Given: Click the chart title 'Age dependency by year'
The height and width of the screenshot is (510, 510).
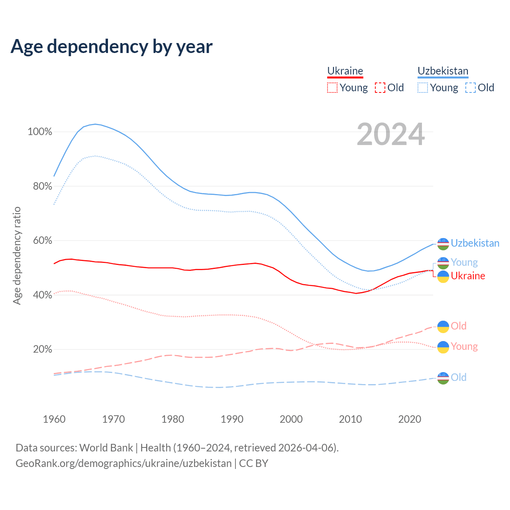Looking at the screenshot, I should pyautogui.click(x=112, y=47).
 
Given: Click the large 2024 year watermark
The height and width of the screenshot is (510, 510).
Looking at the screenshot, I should pyautogui.click(x=390, y=134).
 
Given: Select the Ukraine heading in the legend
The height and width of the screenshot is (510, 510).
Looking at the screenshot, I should pyautogui.click(x=345, y=71).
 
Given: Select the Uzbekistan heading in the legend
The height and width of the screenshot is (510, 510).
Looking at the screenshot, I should pyautogui.click(x=443, y=71).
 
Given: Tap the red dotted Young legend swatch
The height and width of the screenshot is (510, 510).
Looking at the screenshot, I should pyautogui.click(x=332, y=88).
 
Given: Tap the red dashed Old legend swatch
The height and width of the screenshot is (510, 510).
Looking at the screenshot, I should pyautogui.click(x=380, y=88).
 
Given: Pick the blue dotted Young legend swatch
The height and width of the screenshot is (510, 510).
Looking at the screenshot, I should pyautogui.click(x=423, y=88).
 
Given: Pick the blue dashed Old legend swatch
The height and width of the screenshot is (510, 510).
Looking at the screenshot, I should pyautogui.click(x=471, y=88).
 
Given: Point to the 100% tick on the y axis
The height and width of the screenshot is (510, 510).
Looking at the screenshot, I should pyautogui.click(x=40, y=132).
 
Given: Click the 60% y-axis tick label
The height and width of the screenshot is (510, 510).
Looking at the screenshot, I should pyautogui.click(x=42, y=241).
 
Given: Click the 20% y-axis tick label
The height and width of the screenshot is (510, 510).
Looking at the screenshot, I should pyautogui.click(x=42, y=349).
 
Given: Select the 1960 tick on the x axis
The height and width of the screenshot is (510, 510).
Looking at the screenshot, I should pyautogui.click(x=54, y=419).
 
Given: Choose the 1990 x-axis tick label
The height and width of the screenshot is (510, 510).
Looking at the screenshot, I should pyautogui.click(x=232, y=419).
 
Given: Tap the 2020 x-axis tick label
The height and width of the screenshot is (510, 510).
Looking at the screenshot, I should pyautogui.click(x=410, y=419).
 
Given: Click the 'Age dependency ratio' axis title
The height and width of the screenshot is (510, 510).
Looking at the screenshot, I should pyautogui.click(x=17, y=255).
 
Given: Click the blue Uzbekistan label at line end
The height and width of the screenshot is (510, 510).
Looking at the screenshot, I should pyautogui.click(x=475, y=243).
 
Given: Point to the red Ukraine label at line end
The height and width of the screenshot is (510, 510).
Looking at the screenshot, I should pyautogui.click(x=468, y=276).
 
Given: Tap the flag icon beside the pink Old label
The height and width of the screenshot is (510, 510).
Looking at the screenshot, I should pyautogui.click(x=443, y=327).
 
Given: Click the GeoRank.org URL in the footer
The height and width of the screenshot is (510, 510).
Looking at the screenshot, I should pyautogui.click(x=124, y=463).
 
